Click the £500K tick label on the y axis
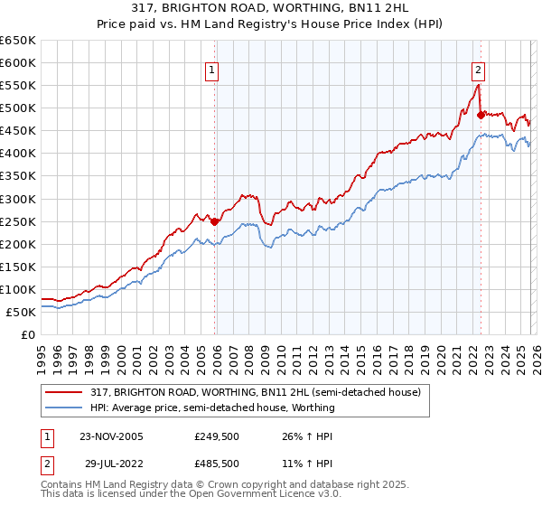(18, 108)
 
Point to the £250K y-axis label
(18, 221)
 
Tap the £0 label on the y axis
(26, 335)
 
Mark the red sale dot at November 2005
(215, 221)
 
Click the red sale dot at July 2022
(481, 114)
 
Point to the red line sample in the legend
(65, 393)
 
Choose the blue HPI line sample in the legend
(65, 408)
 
